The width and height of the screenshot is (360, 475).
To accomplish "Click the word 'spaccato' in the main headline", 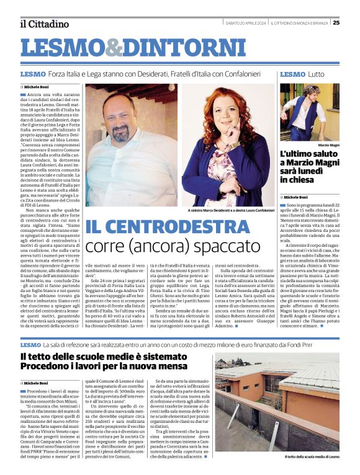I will [x=202, y=247].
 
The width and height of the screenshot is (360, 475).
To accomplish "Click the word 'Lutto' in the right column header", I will [x=317, y=74].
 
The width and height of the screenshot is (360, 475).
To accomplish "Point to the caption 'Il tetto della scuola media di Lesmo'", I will [x=312, y=456].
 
